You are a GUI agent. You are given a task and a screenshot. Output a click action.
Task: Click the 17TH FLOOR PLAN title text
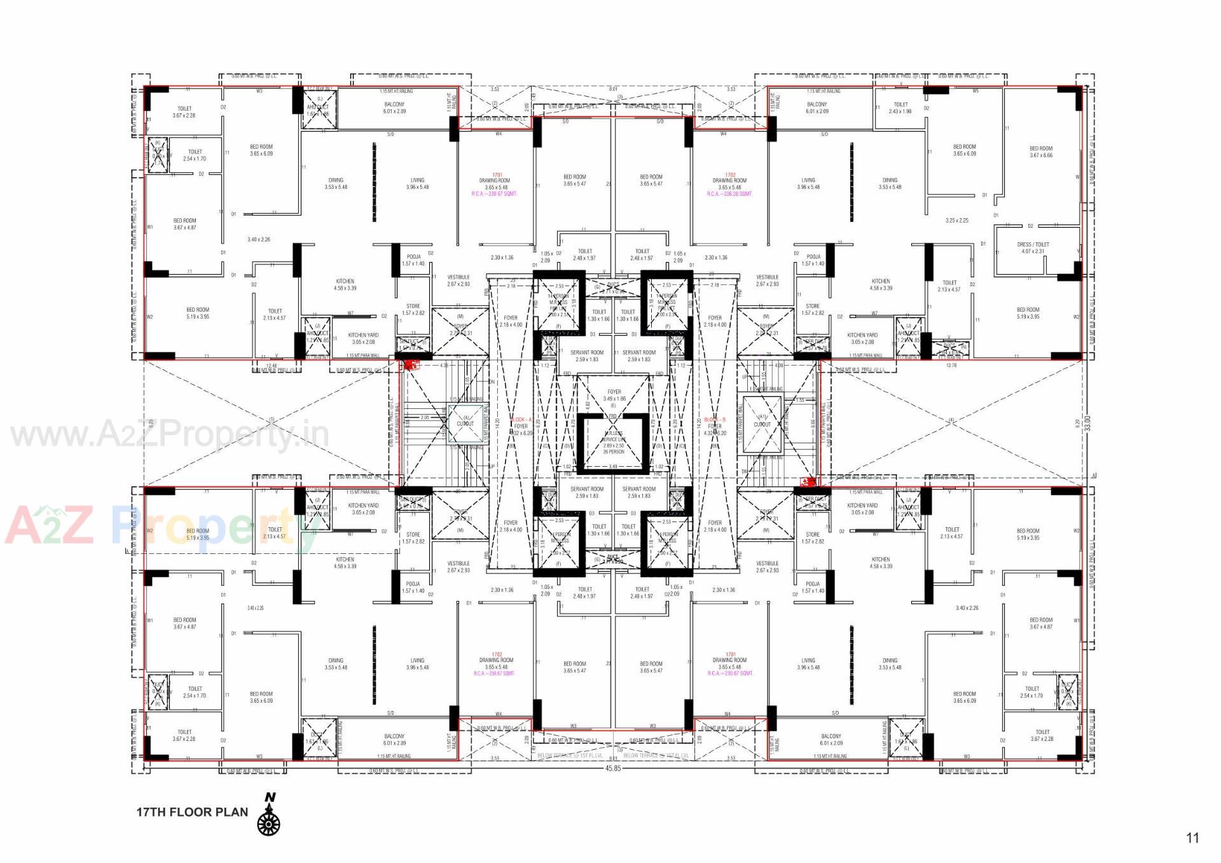[x=192, y=812]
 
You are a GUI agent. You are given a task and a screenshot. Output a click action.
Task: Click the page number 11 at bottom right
[x=1192, y=838]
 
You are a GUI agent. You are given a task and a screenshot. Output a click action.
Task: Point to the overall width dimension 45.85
[x=612, y=768]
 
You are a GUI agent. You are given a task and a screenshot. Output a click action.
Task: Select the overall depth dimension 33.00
[x=1087, y=423]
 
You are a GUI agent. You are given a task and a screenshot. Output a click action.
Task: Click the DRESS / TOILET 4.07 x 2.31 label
[x=1033, y=247]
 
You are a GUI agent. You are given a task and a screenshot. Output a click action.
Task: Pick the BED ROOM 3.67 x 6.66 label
[x=1041, y=151]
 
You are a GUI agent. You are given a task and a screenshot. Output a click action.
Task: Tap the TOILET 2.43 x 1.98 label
[x=900, y=107]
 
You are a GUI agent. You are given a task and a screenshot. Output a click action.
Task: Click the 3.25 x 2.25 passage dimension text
[x=956, y=220]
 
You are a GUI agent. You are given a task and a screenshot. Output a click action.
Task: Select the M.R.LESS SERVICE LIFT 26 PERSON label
[x=614, y=442]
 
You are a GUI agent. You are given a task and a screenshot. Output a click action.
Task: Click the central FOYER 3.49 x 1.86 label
[x=614, y=395]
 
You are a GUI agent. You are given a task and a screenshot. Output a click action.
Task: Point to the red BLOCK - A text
[x=521, y=420]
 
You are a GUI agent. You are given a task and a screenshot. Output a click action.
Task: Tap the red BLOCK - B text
[x=715, y=420]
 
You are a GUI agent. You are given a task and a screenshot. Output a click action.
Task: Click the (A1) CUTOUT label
[x=762, y=420]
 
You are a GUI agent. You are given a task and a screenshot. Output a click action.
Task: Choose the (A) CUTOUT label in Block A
[x=465, y=420]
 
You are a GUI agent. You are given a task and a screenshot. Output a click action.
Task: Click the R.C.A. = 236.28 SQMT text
[x=729, y=194]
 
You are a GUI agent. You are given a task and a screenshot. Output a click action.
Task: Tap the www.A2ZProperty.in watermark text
[x=170, y=436]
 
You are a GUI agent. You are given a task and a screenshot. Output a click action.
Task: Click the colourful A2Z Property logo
[x=159, y=527]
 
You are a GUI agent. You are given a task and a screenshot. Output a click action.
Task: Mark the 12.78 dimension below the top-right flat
[x=951, y=365]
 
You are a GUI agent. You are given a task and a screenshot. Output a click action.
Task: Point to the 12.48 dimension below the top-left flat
[x=272, y=366]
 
